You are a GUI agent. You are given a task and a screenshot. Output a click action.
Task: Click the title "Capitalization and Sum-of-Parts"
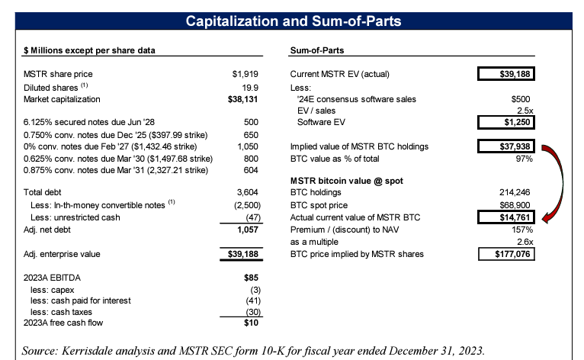[292, 21]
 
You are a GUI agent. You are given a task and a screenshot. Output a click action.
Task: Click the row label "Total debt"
[43, 194]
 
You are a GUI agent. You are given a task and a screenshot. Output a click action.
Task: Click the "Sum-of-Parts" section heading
[318, 51]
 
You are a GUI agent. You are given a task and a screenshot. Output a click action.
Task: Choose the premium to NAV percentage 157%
[520, 230]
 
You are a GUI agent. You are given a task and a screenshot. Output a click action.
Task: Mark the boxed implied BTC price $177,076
[505, 254]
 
